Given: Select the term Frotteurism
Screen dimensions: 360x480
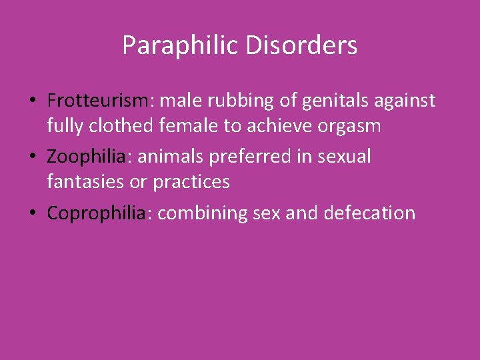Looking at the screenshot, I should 99,101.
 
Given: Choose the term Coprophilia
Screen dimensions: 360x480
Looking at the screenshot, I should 96,213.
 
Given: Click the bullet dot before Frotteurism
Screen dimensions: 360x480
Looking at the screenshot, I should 32,101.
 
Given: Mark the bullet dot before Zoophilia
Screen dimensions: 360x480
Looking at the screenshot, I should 32,157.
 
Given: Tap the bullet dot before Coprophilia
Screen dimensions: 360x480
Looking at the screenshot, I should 32,213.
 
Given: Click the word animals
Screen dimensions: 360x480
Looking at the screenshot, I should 167,157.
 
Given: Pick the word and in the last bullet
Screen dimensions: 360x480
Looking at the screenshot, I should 303,213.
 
